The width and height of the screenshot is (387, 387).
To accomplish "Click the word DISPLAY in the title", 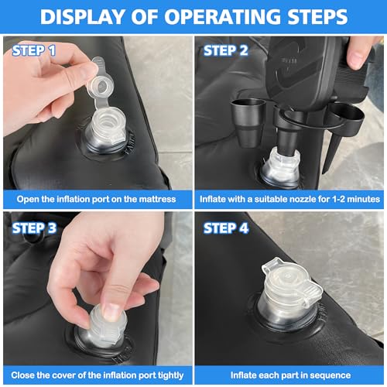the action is pyautogui.click(x=83, y=17).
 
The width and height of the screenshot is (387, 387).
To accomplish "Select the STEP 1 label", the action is pyautogui.click(x=34, y=50).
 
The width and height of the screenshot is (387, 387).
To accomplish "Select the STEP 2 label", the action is pyautogui.click(x=226, y=50).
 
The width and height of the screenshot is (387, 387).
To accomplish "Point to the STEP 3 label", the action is pyautogui.click(x=34, y=228).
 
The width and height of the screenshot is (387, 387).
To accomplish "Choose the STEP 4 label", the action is pyautogui.click(x=226, y=228).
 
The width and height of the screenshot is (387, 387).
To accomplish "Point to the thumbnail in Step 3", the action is pyautogui.click(x=112, y=312).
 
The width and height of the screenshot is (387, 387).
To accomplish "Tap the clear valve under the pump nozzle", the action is pyautogui.click(x=281, y=168).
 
